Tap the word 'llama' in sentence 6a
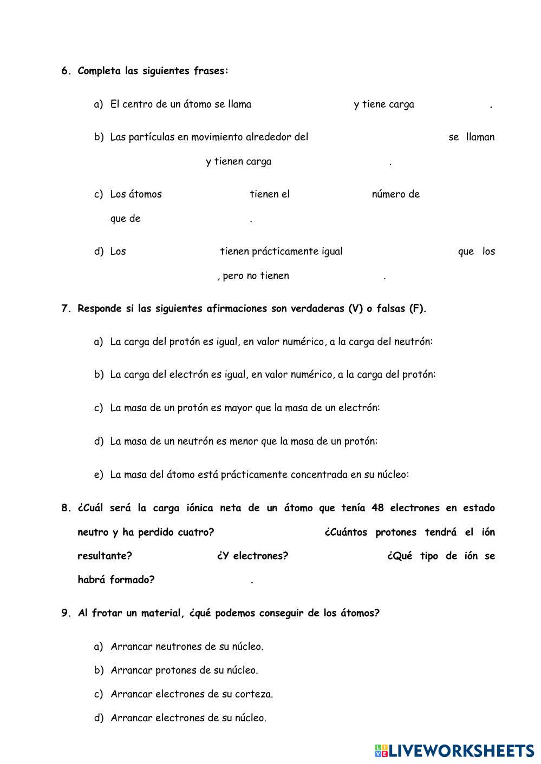pos(239,104)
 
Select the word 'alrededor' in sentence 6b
pos(269,137)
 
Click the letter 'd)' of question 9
pos(99,718)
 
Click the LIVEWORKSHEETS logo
pos(454,750)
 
